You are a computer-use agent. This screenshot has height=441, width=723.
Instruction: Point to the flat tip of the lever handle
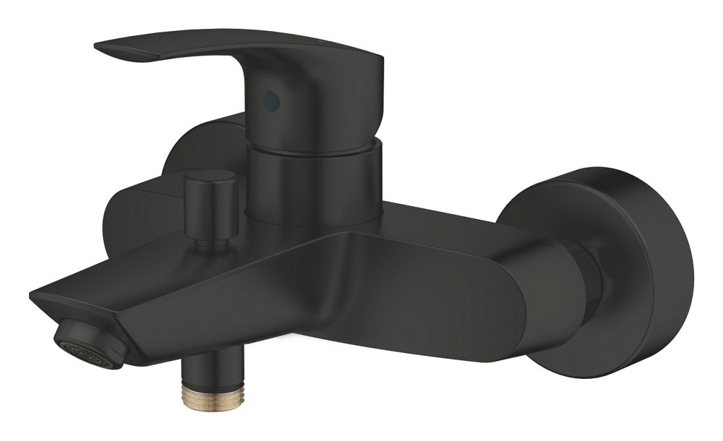click(x=108, y=48)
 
